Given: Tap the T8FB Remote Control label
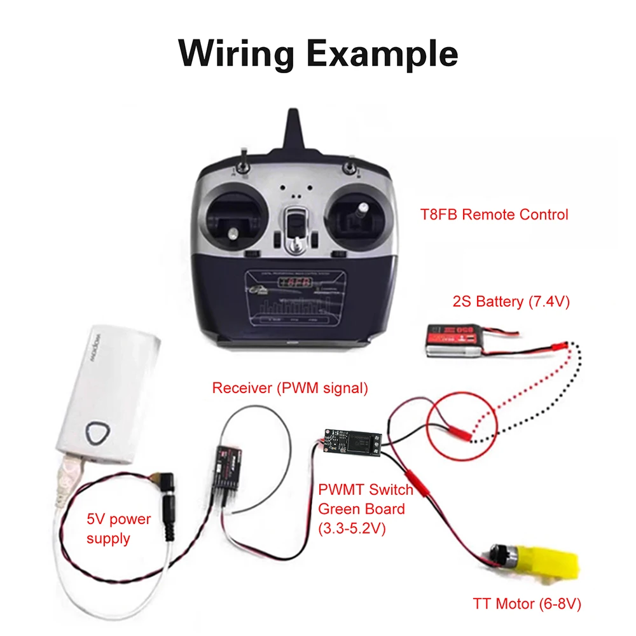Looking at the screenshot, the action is tap(494, 214).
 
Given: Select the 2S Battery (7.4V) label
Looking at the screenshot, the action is tap(511, 301).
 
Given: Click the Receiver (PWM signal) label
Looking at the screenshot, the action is tap(290, 388).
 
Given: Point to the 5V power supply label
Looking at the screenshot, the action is tap(119, 529).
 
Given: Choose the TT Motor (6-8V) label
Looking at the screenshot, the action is tap(527, 602).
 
